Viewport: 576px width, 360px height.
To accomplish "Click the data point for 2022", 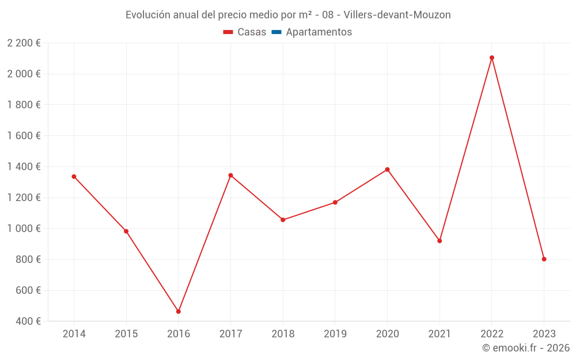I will pos(491,58).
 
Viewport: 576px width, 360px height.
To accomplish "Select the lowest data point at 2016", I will pos(179,312).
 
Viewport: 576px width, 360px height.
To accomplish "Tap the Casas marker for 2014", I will pos(74,176).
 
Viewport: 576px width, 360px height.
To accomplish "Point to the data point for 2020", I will pos(387,169).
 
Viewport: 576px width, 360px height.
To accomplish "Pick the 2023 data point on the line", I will pos(544,259).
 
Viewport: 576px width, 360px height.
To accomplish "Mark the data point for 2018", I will pos(283,220).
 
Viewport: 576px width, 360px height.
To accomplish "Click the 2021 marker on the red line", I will pos(439,241).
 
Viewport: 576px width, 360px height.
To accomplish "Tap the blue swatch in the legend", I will pos(276,32).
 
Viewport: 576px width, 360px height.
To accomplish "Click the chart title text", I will pos(288,14).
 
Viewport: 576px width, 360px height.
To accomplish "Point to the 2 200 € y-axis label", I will pos(24,43).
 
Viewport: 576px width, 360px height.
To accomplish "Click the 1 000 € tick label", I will pos(24,229).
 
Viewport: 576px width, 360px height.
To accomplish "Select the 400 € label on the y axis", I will pos(28,321).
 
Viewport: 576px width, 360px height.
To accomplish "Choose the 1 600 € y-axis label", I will pos(24,136).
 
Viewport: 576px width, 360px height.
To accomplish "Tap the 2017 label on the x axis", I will pos(230,334).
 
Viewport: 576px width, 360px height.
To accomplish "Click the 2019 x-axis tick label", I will pos(335,334).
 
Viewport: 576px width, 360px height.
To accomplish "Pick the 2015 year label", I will pos(126,334).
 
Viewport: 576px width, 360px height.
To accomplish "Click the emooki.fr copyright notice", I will pos(525,348).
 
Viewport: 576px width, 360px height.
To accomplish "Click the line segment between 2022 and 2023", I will pos(518,158).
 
